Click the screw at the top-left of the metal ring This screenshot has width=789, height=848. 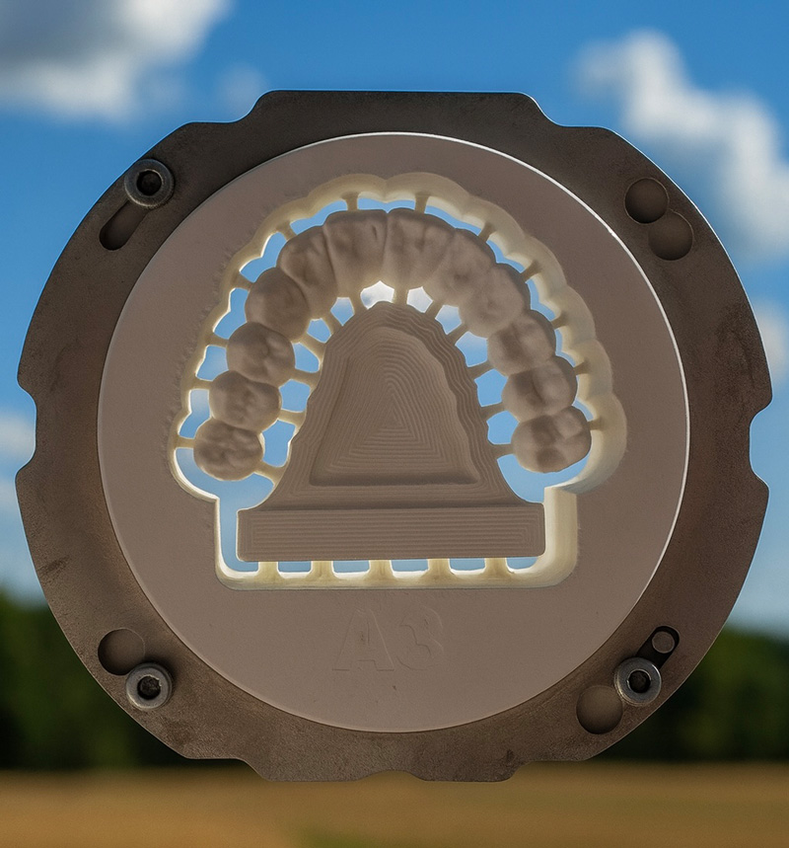[149, 183]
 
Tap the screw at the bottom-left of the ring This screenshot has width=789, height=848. [149, 686]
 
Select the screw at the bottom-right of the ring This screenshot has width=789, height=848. [638, 681]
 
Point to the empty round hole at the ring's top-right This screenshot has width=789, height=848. [646, 200]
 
